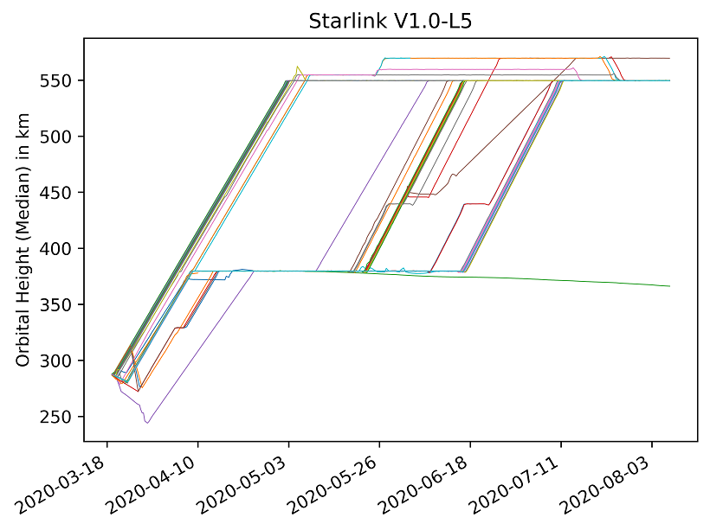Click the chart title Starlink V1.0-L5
coord(389,22)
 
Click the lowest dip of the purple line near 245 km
coord(147,423)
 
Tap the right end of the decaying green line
coord(669,286)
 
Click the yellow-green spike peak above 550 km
coord(297,67)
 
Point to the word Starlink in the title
coord(339,22)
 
